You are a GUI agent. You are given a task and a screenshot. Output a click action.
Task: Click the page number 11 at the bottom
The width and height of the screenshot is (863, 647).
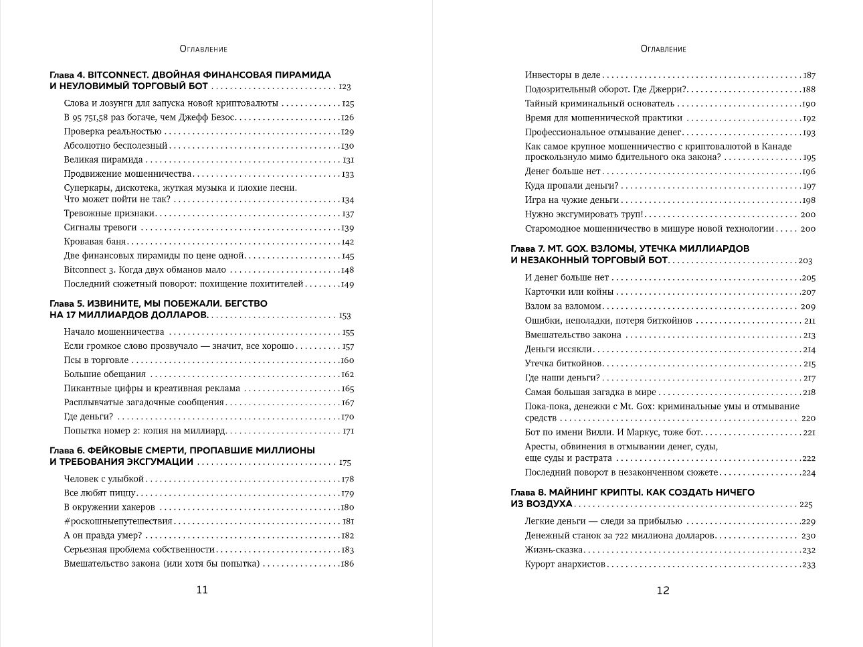pyautogui.click(x=201, y=590)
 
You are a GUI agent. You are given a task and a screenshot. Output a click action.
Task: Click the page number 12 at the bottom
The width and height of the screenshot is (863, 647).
pyautogui.click(x=662, y=590)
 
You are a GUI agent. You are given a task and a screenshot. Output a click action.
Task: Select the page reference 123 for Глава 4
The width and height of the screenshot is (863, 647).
pyautogui.click(x=345, y=87)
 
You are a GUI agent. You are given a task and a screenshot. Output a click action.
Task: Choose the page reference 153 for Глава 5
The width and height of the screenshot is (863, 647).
pyautogui.click(x=345, y=315)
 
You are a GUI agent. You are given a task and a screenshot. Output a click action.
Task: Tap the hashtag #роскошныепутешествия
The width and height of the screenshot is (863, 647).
pyautogui.click(x=118, y=521)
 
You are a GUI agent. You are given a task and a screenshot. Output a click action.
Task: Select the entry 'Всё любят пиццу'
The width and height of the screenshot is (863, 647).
pyautogui.click(x=100, y=493)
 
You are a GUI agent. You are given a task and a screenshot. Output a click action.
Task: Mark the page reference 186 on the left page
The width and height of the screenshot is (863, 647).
pyautogui.click(x=347, y=564)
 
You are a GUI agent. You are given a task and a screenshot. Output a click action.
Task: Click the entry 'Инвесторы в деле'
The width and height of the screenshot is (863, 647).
pyautogui.click(x=563, y=76)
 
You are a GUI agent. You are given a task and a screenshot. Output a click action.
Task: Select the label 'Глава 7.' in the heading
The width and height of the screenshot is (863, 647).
pyautogui.click(x=528, y=248)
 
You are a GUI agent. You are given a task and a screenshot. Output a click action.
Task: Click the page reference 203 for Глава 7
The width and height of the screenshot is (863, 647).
pyautogui.click(x=805, y=261)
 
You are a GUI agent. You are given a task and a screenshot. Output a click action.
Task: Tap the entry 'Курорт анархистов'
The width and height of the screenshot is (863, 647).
pyautogui.click(x=565, y=565)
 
